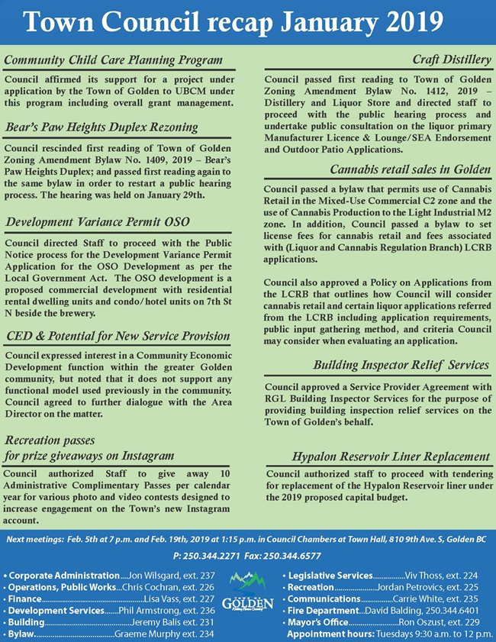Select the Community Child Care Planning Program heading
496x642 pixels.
point(113,60)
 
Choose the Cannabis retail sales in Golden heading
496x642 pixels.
point(410,169)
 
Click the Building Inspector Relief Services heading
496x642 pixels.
point(401,365)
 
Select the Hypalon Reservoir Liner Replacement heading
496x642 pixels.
point(391,456)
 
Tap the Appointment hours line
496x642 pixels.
point(388,634)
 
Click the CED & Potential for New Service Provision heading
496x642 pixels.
point(118,335)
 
